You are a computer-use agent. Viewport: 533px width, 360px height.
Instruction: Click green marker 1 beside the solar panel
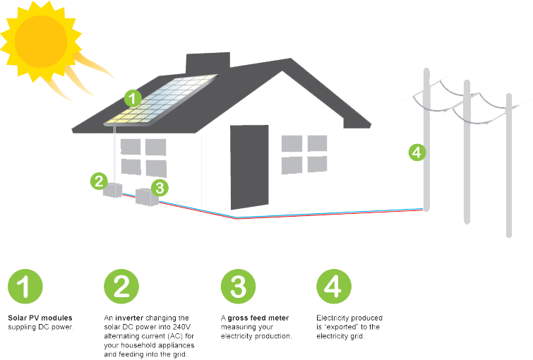[x=133, y=97]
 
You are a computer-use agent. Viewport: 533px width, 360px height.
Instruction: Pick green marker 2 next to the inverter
[x=98, y=181]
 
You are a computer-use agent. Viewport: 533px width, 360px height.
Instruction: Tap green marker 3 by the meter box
[x=160, y=188]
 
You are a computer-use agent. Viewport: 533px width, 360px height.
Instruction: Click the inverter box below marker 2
[x=113, y=190]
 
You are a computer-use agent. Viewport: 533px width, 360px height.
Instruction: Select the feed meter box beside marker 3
[x=146, y=196]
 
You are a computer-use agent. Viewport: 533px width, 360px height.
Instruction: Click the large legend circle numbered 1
[x=25, y=287]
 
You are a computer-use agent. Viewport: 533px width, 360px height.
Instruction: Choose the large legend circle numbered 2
[x=121, y=287]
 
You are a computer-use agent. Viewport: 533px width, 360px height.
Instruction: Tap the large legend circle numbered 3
[x=238, y=287]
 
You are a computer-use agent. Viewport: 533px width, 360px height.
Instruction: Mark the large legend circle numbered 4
[x=334, y=287]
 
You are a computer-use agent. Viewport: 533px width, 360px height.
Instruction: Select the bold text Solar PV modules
[x=40, y=318]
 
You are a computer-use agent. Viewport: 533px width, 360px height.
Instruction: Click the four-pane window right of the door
[x=304, y=155]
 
